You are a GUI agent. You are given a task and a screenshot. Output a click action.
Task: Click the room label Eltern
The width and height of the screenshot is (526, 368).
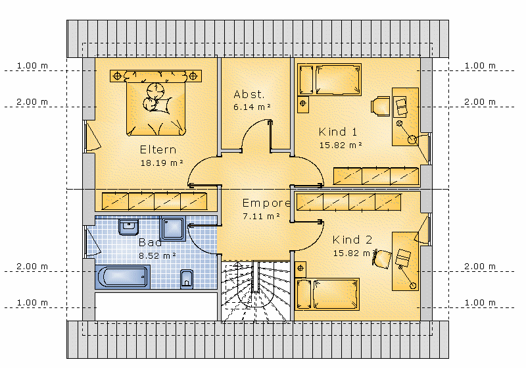158,149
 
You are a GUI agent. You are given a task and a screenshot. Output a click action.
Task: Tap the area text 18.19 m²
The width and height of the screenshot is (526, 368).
162,163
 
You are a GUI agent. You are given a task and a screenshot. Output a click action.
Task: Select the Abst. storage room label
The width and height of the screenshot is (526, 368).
249,94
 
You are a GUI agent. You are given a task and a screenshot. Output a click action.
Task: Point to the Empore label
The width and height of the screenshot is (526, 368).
266,203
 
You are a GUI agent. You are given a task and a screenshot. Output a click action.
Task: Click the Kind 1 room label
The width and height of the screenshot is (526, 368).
338,132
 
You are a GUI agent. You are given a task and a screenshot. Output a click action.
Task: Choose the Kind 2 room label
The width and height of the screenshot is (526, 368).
352,240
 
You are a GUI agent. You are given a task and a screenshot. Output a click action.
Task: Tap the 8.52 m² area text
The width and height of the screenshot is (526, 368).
157,256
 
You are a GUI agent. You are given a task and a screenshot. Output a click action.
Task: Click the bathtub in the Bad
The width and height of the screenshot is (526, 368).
122,277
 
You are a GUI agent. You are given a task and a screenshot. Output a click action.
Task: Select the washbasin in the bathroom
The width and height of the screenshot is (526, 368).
128,227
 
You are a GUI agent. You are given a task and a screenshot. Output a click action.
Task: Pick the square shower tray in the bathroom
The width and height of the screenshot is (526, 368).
173,228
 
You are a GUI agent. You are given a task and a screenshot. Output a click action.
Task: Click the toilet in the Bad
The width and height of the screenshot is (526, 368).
187,279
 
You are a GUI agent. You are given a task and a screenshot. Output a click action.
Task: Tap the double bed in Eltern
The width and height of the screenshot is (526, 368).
156,103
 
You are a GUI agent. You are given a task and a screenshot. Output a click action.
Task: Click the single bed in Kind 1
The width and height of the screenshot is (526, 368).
329,80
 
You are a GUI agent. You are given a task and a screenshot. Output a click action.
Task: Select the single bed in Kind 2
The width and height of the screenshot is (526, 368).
327,294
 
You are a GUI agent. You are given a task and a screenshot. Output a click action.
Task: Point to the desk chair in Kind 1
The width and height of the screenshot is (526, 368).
381,107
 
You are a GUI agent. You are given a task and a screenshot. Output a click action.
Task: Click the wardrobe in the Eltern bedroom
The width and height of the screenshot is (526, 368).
155,201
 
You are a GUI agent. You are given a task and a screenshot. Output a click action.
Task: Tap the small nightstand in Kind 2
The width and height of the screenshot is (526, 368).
300,269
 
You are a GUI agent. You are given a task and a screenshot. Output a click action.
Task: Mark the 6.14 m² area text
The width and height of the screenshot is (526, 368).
252,107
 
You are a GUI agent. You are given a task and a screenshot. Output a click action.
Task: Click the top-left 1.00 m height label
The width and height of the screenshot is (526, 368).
32,66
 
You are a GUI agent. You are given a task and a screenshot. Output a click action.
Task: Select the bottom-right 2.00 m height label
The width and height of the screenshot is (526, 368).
480,267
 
